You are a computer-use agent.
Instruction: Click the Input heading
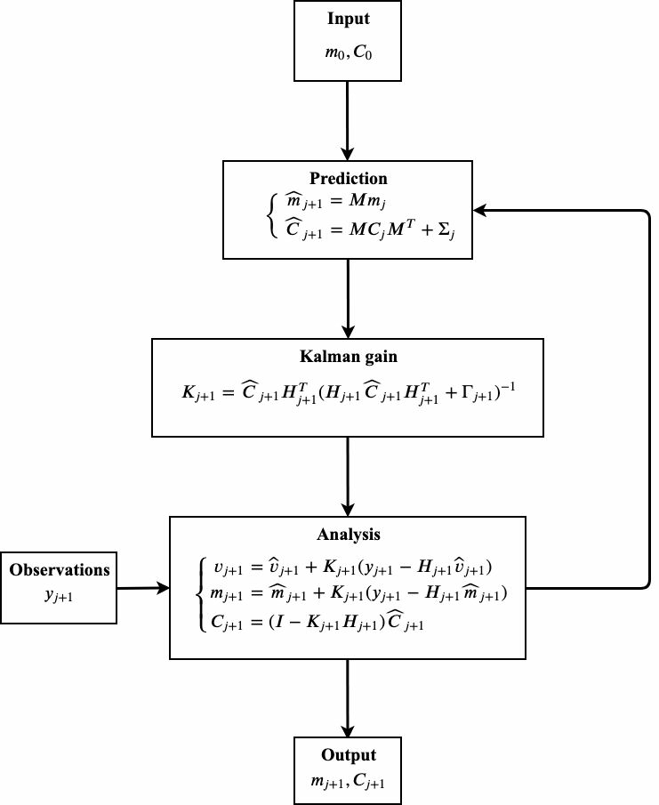tap(347, 19)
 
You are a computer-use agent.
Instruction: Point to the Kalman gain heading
tap(347, 356)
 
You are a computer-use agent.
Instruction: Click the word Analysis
tap(347, 535)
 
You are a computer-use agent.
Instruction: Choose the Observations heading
tap(60, 568)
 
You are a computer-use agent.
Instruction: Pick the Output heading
tap(348, 755)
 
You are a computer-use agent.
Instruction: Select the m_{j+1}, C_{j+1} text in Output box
tap(348, 781)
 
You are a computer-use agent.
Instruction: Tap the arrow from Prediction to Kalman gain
tap(347, 298)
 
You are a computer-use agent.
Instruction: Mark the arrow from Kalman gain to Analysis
tap(347, 476)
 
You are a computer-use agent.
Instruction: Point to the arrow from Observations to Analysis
tap(142, 587)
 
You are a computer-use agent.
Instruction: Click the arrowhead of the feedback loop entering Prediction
tap(479, 211)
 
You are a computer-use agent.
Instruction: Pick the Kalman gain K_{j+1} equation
tap(347, 392)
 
